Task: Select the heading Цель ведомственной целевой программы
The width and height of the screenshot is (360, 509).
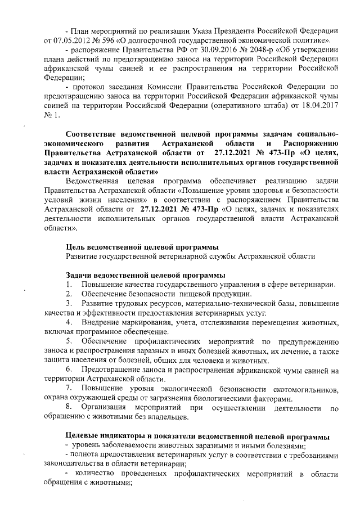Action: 142,247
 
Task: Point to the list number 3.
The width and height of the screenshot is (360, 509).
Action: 69,304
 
